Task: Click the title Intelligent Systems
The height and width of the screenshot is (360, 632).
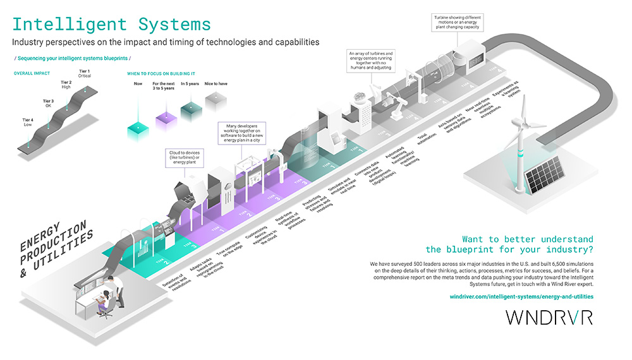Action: point(112,25)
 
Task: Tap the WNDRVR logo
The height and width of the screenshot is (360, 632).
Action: point(549,318)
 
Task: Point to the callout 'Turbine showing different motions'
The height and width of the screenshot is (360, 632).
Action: point(457,21)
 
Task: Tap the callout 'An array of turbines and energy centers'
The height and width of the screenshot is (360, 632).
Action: point(372,61)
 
